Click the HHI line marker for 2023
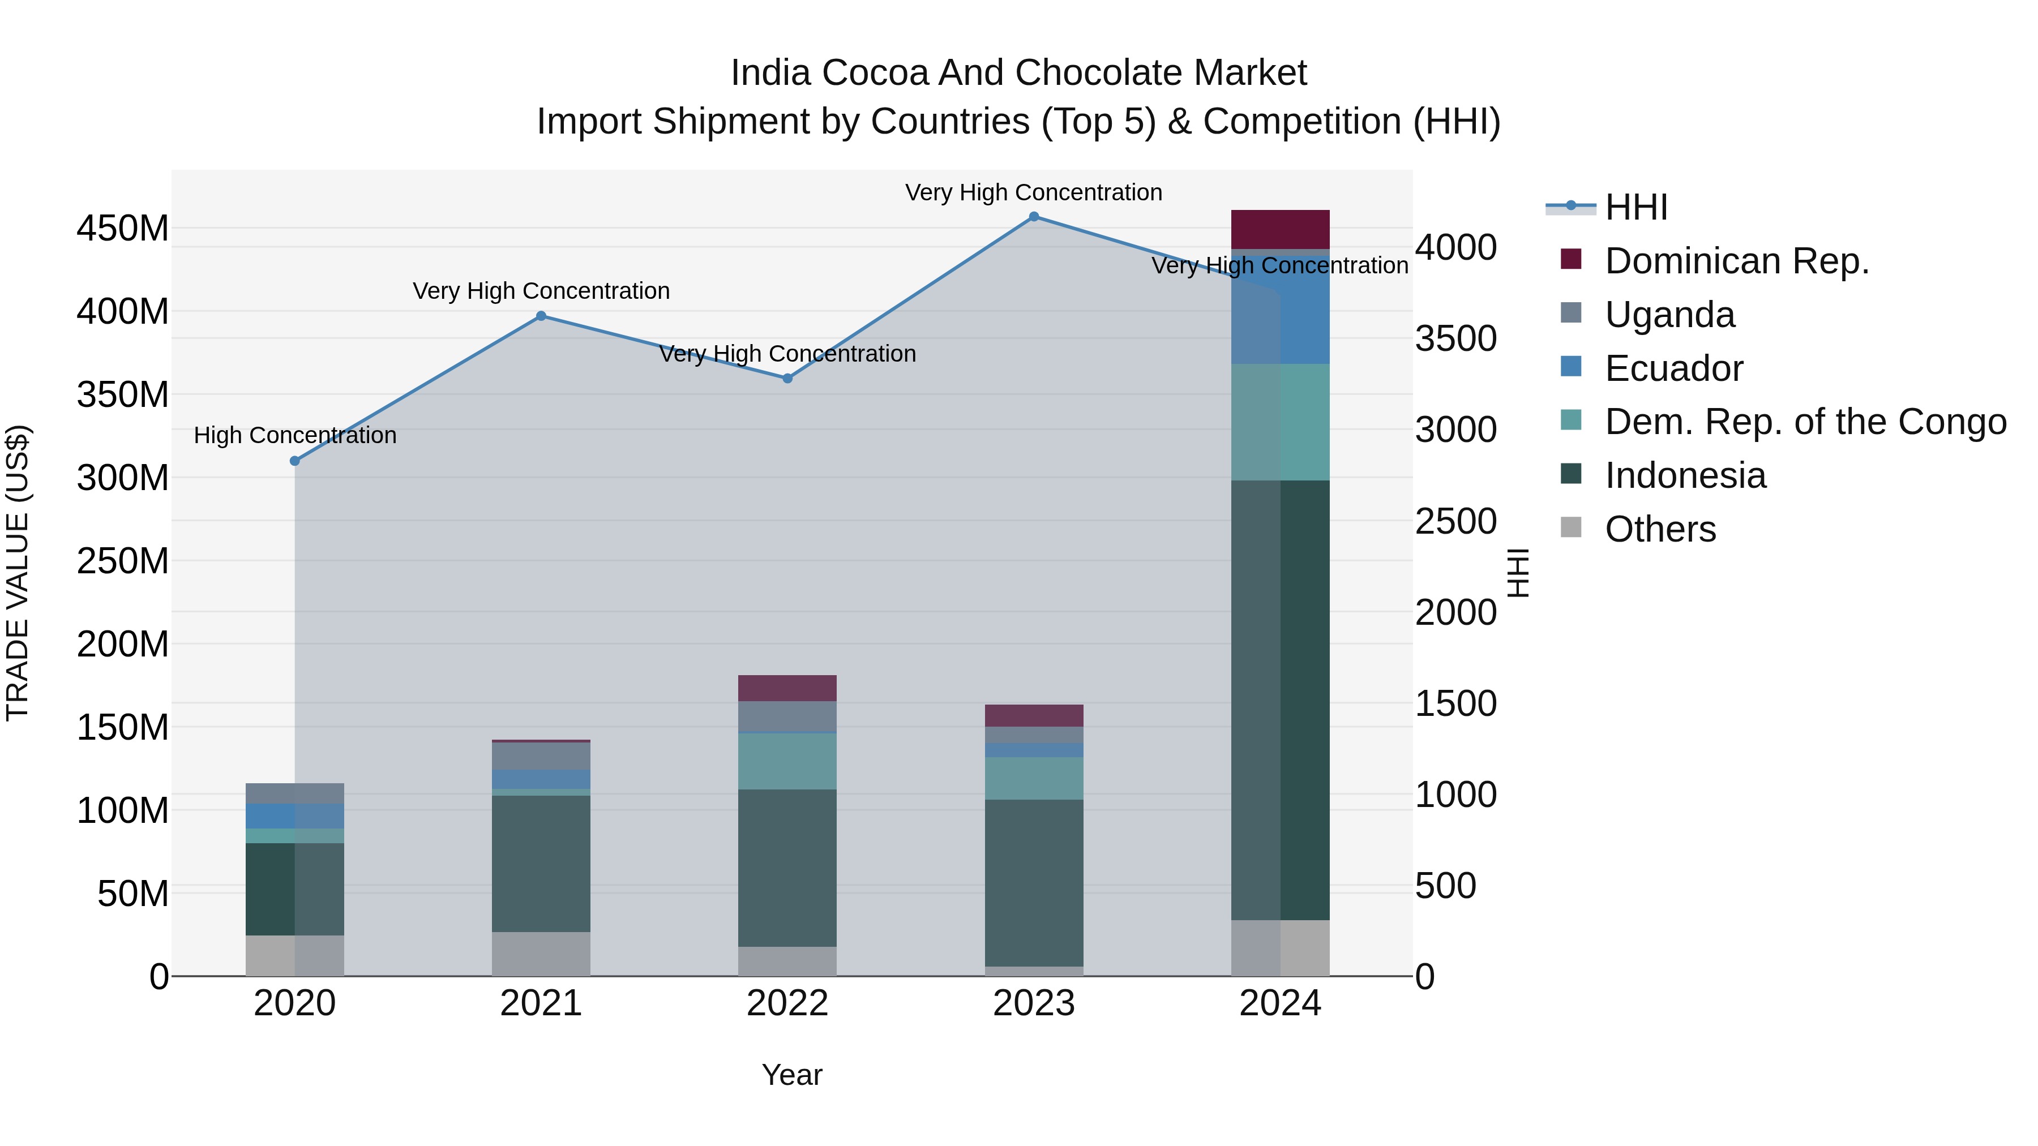point(1033,217)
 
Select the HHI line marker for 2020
point(295,461)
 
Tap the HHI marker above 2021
point(541,316)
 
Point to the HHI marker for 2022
point(787,379)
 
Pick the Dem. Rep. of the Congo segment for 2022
point(787,761)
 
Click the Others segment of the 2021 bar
point(541,954)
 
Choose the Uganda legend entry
point(1669,315)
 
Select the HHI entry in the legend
point(1635,207)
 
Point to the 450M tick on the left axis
point(123,229)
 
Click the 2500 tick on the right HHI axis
point(1455,521)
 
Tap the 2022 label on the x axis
point(787,1003)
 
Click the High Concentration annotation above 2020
point(295,435)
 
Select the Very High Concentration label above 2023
point(1033,192)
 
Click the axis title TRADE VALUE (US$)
point(18,573)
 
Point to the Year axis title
point(792,1075)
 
